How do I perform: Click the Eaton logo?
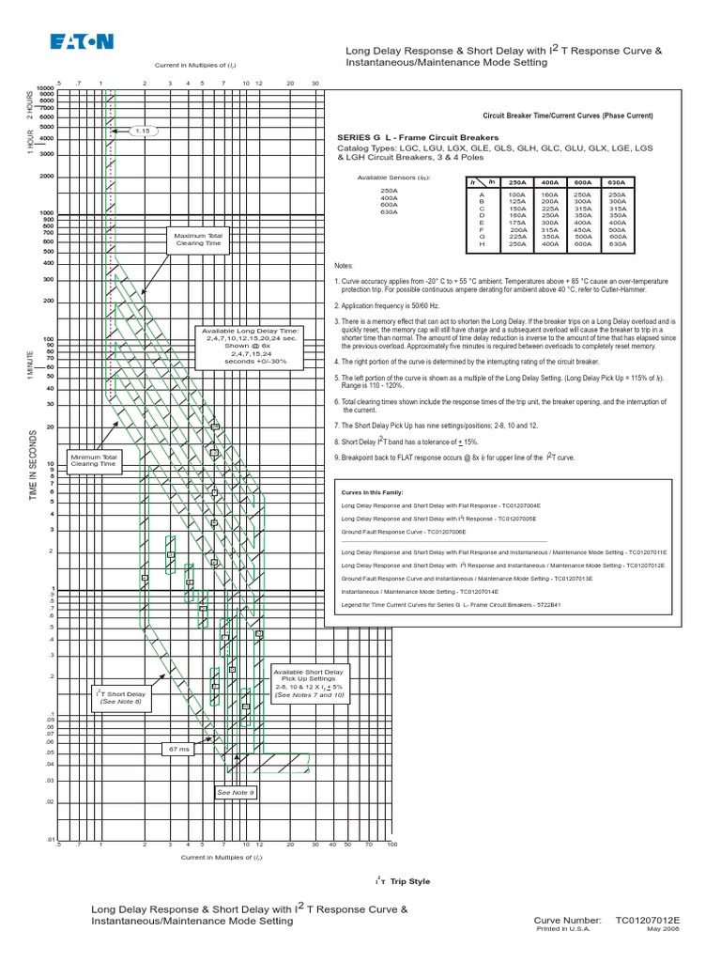click(81, 41)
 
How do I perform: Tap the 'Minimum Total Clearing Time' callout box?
click(94, 459)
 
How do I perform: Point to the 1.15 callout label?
click(142, 131)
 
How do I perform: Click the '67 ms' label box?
click(178, 749)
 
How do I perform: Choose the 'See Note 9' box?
click(236, 792)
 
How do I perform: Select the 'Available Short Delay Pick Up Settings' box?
click(308, 684)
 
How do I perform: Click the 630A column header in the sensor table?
click(616, 182)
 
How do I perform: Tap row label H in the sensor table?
click(482, 243)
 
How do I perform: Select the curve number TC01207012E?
click(648, 921)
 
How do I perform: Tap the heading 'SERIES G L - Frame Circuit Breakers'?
click(407, 137)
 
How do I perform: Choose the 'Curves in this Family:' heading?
click(368, 491)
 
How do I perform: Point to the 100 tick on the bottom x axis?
click(392, 845)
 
